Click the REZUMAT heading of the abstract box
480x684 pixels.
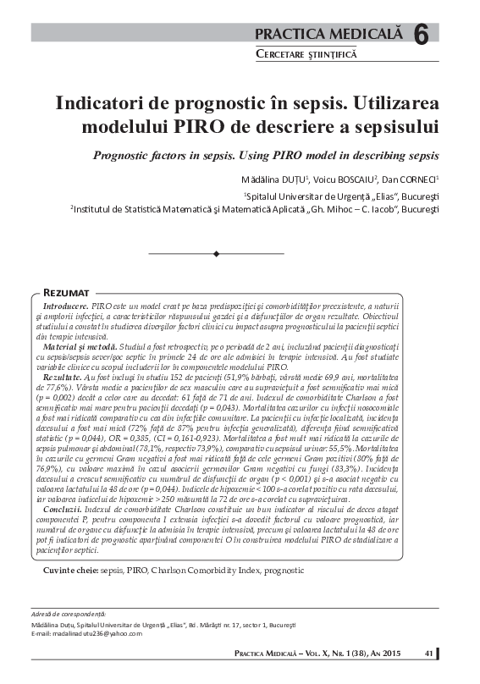coord(73,291)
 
